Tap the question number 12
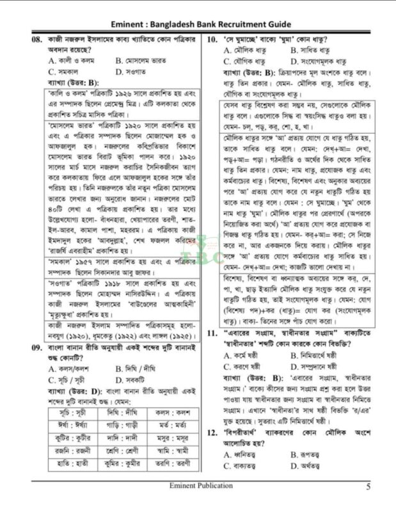tap(213, 433)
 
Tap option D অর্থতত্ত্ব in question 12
tap(312, 465)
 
